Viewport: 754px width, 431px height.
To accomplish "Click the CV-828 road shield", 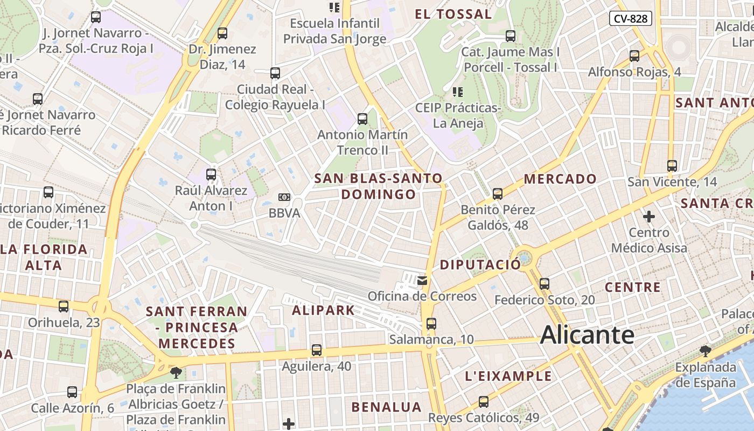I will [631, 19].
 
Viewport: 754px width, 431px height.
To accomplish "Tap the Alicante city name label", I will [587, 335].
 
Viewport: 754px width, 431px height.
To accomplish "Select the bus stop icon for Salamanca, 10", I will [431, 324].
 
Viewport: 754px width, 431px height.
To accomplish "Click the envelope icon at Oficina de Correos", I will [422, 280].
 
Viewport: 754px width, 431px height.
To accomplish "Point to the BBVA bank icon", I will [284, 197].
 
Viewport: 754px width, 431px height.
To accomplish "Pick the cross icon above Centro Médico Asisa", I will [649, 217].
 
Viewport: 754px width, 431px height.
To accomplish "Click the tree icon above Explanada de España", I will [706, 352].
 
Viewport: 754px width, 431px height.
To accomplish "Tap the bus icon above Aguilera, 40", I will [317, 350].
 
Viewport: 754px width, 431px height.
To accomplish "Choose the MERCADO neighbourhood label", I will [560, 179].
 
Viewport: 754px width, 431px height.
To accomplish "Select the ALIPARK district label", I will [323, 310].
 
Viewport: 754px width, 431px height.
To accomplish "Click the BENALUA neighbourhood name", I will [386, 407].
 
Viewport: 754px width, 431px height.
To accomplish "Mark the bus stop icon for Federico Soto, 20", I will [544, 283].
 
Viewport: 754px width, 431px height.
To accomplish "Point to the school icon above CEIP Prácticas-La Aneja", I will [458, 92].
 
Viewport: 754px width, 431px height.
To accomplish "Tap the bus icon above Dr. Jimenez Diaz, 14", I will [222, 33].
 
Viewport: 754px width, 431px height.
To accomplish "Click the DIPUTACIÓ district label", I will [480, 265].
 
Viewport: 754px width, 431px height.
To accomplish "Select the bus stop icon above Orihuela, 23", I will [64, 307].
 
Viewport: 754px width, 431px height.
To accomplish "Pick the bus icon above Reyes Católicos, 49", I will [484, 402].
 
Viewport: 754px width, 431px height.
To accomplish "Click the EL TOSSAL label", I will [453, 15].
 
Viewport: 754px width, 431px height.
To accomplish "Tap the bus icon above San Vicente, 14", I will [672, 166].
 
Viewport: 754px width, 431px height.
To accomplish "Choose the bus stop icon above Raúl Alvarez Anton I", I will [211, 175].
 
